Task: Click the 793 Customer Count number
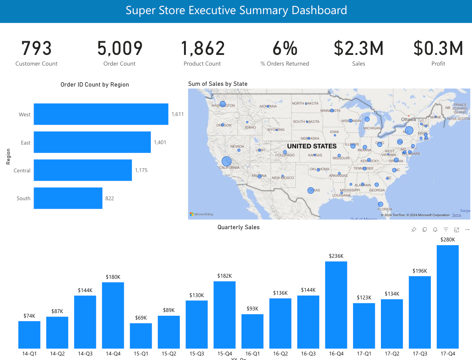pyautogui.click(x=37, y=49)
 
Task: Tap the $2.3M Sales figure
pyautogui.click(x=358, y=49)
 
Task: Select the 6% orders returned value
pyautogui.click(x=285, y=49)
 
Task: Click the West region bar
pyautogui.click(x=101, y=114)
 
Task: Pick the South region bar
pyautogui.click(x=68, y=198)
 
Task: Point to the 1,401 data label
pyautogui.click(x=160, y=142)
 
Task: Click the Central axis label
pyautogui.click(x=22, y=170)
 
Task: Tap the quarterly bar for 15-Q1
pyautogui.click(x=141, y=336)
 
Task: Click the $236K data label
pyautogui.click(x=336, y=256)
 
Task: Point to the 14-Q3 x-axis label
pyautogui.click(x=85, y=354)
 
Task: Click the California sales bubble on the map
pyautogui.click(x=227, y=161)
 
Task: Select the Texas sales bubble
pyautogui.click(x=310, y=190)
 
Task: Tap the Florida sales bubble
pyautogui.click(x=380, y=204)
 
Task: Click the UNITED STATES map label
pyautogui.click(x=312, y=146)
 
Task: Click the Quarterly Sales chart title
pyautogui.click(x=238, y=227)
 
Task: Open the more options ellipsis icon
pyautogui.click(x=467, y=230)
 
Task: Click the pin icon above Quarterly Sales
pyautogui.click(x=414, y=230)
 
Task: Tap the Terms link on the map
pyautogui.click(x=456, y=215)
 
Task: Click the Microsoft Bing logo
pyautogui.click(x=202, y=214)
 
